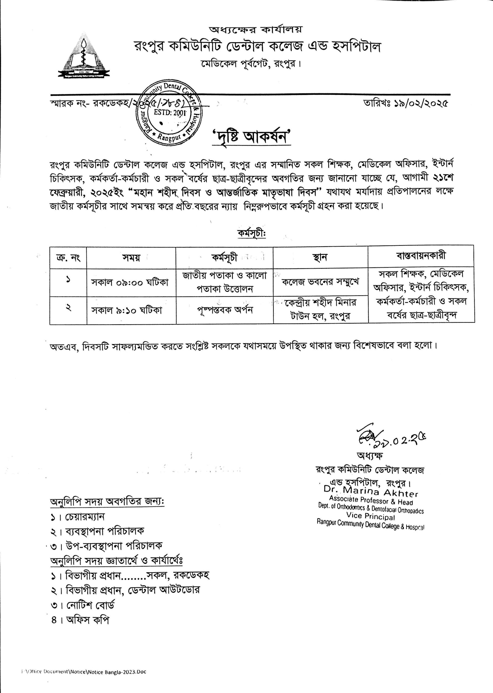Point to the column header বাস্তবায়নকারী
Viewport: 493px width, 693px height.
[421, 256]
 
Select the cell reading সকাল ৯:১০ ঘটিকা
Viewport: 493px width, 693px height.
[127, 310]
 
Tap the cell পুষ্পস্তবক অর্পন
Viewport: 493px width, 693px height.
[224, 310]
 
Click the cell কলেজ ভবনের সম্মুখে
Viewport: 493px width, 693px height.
[320, 282]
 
